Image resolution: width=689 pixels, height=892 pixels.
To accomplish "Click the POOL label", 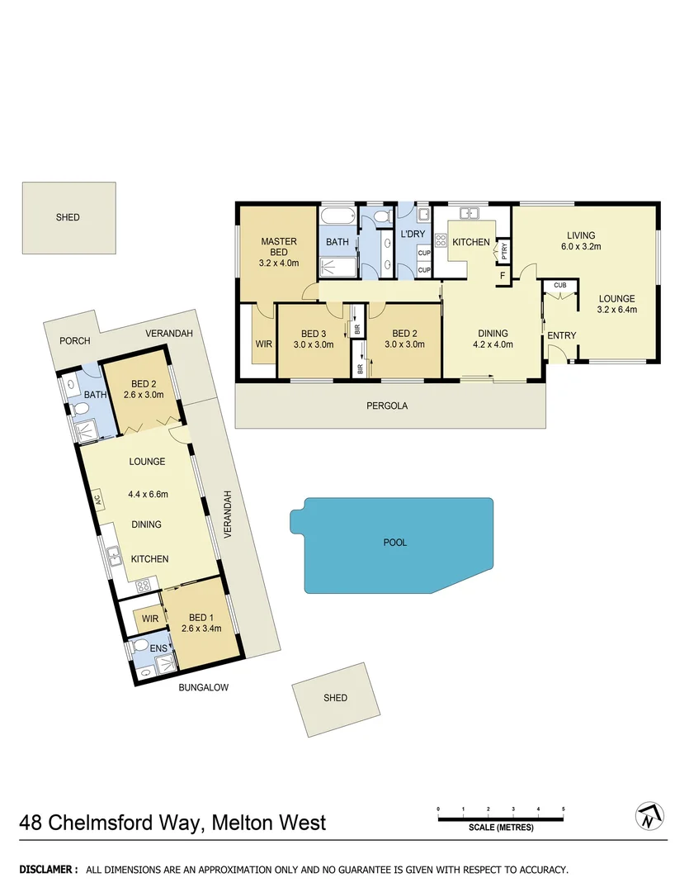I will point(395,543).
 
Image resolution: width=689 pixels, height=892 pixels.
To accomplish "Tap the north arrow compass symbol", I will point(649,816).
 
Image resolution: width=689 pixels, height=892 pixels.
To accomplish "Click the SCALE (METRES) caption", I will point(501,828).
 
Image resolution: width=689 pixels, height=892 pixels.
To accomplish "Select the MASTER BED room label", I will point(279,247).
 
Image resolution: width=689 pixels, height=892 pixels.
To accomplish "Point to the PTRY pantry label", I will point(503,247).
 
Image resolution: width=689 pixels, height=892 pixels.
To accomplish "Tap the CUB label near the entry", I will point(560,285).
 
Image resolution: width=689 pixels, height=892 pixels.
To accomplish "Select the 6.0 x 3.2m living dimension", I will point(581,247).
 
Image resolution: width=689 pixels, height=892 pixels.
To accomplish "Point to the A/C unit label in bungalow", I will point(97,500).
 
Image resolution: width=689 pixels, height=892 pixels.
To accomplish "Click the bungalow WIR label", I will point(149,619).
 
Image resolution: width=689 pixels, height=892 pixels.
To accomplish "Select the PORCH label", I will point(74,341).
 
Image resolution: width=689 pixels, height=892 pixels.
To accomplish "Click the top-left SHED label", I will point(68,217).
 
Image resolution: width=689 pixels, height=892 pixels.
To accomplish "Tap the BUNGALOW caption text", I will point(204,687).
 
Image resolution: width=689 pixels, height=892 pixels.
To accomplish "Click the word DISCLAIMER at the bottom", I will point(49,870).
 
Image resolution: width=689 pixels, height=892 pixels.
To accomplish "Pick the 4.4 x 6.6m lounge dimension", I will point(148,495).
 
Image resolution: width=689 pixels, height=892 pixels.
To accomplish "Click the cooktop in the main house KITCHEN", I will point(440,241).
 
